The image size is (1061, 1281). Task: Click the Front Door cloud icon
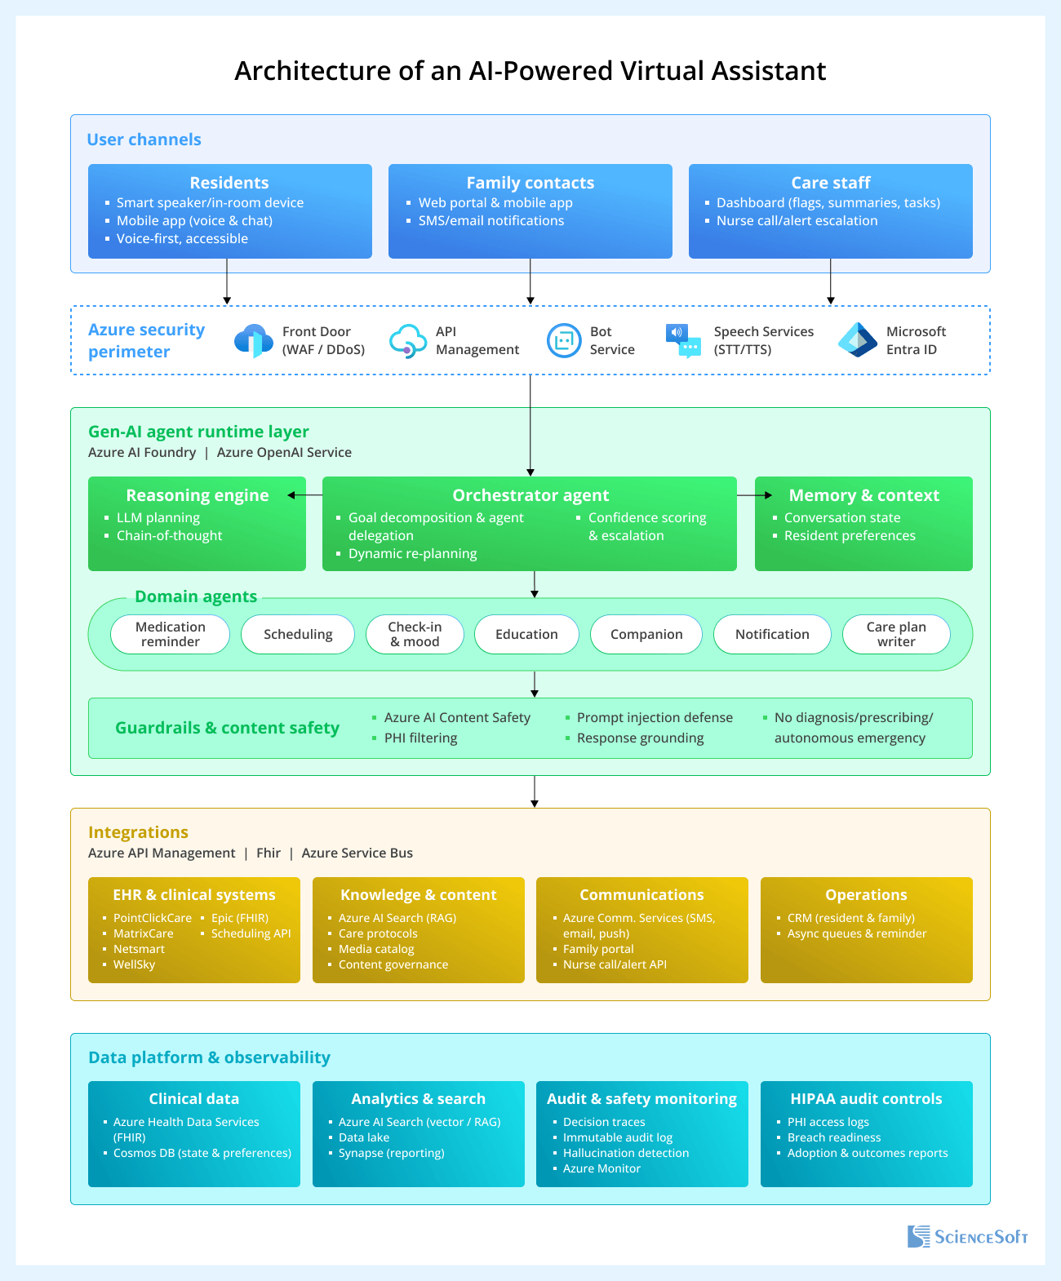[x=253, y=340]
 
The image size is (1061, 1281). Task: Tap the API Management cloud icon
[x=407, y=340]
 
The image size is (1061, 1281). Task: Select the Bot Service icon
[x=564, y=340]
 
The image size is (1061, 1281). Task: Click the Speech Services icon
[x=683, y=340]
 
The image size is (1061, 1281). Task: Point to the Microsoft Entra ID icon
[x=858, y=340]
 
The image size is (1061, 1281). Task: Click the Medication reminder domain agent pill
[x=171, y=634]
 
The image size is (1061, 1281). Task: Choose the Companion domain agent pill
[x=646, y=634]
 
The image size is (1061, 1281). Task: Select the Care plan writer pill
[x=896, y=634]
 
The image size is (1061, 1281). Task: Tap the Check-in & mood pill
[x=415, y=634]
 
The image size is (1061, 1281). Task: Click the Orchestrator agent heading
[x=530, y=495]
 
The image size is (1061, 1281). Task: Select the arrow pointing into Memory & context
[x=754, y=495]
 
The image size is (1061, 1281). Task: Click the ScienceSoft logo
[x=968, y=1237]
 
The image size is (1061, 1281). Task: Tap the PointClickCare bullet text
[x=153, y=918]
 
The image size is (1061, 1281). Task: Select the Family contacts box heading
[x=530, y=183]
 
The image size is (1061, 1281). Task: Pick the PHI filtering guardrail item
[x=420, y=738]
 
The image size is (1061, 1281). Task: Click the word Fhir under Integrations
[x=269, y=853]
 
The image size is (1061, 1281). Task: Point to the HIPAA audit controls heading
[x=866, y=1099]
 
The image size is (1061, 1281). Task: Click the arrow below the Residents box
[x=227, y=282]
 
